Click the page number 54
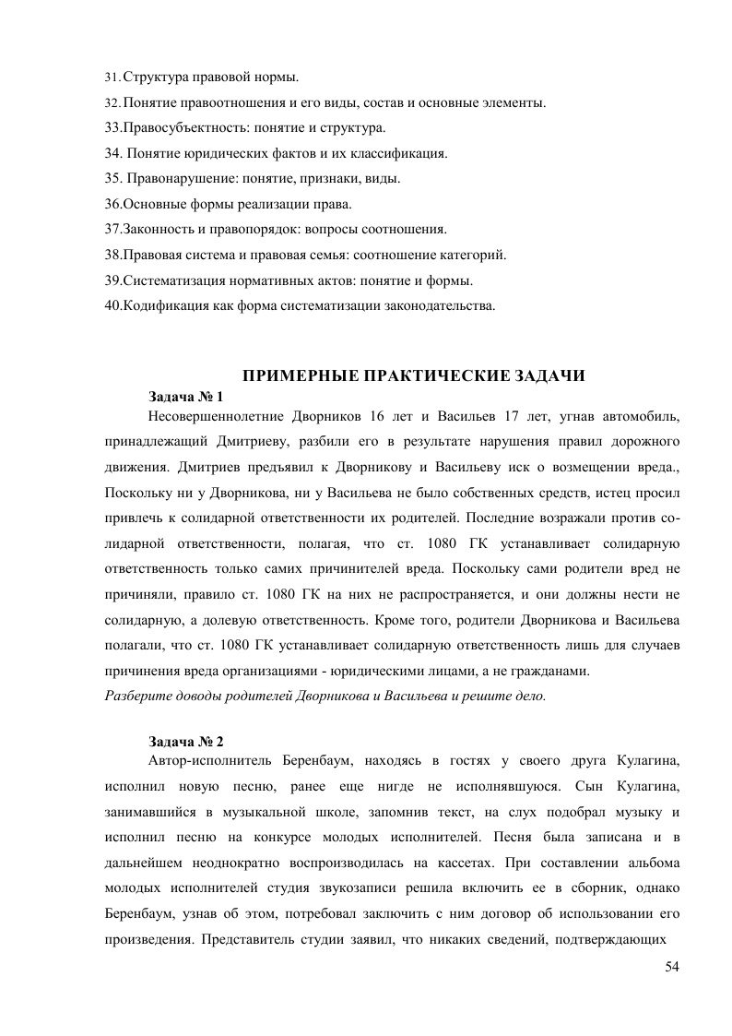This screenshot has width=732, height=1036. point(671,966)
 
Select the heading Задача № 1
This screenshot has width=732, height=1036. point(185,397)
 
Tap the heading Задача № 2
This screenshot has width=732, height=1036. point(185,741)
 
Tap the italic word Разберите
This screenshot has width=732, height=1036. point(137,696)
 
